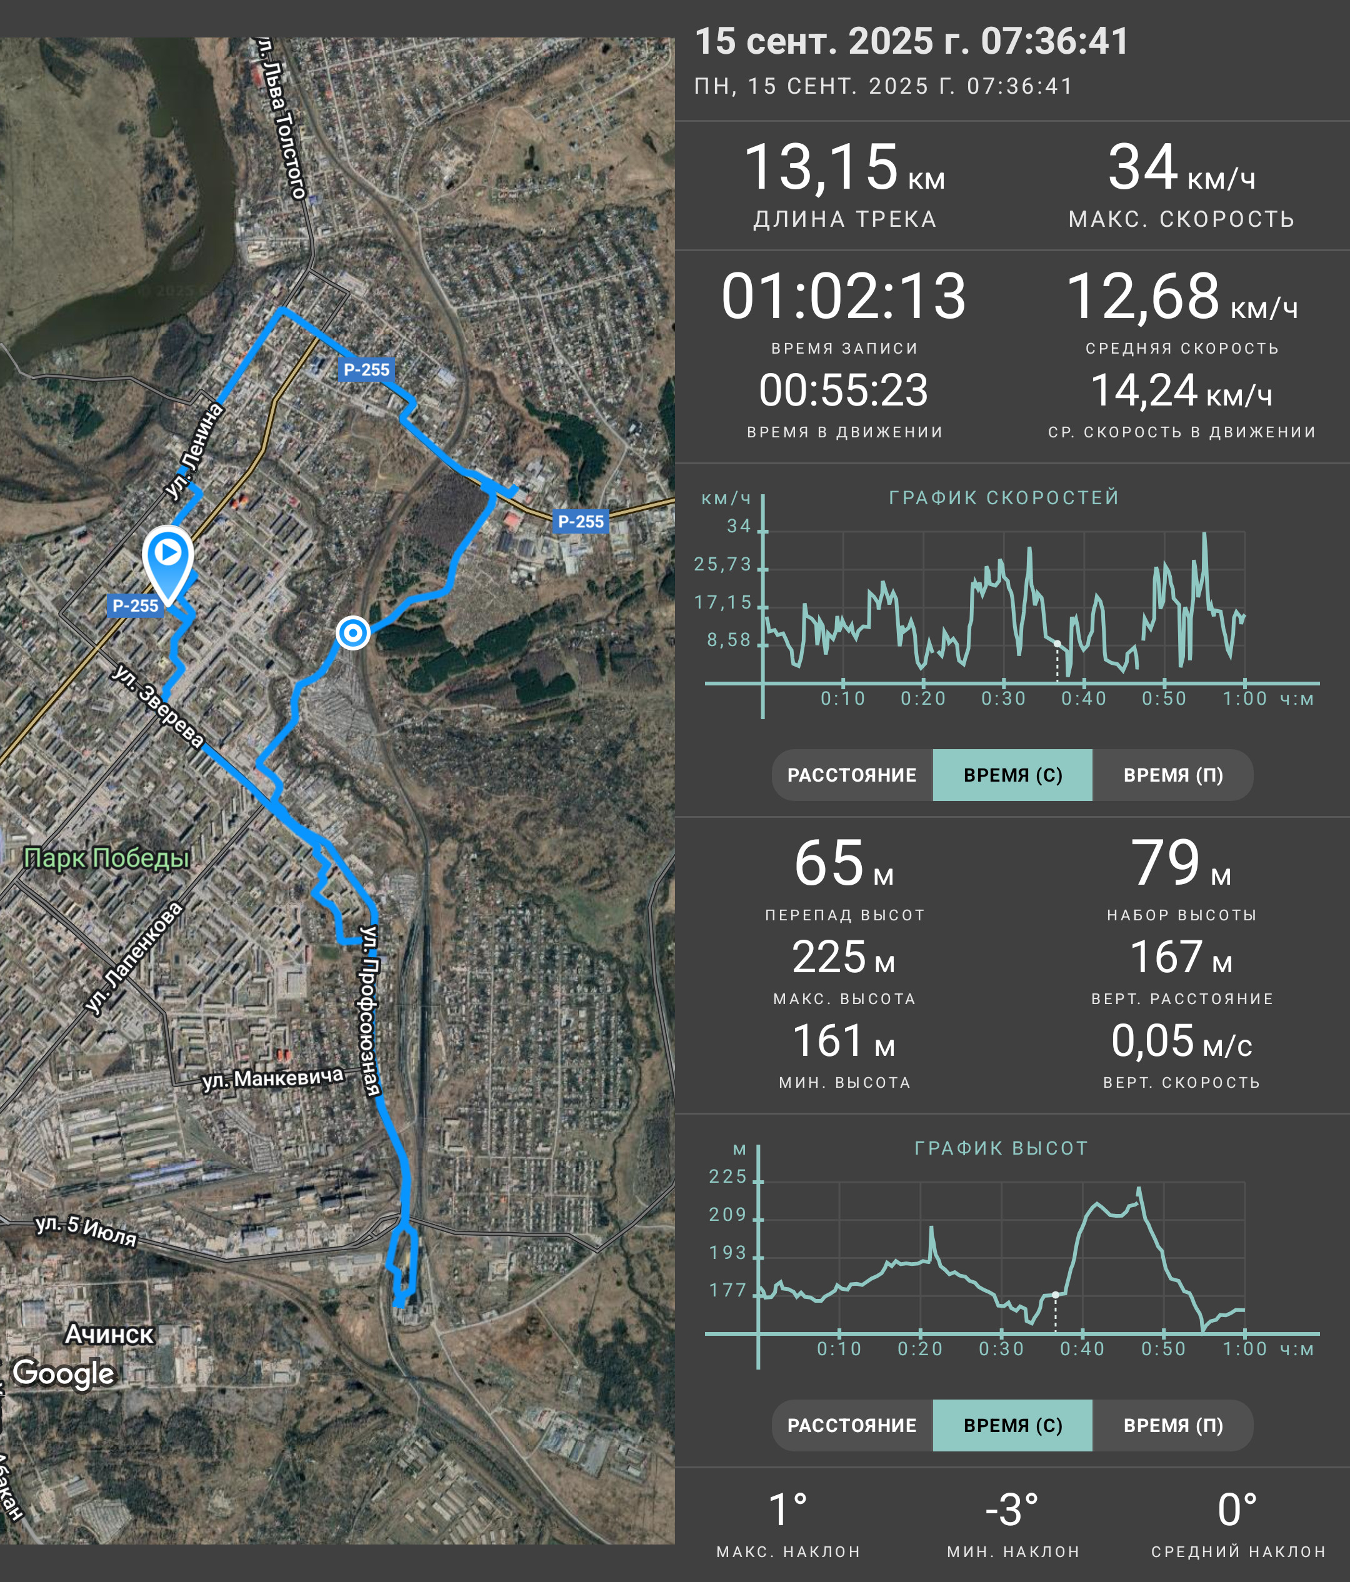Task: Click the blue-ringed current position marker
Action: [x=352, y=632]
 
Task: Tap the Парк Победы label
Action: [x=106, y=858]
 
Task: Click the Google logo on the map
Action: [x=63, y=1373]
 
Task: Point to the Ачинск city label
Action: [x=109, y=1334]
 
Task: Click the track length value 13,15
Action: [x=820, y=167]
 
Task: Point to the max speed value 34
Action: [x=1142, y=167]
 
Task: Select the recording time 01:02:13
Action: [x=843, y=296]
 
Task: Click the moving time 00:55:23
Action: [x=843, y=390]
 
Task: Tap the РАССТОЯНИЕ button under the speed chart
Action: [x=852, y=775]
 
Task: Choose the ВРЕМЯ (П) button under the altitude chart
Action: [x=1173, y=1425]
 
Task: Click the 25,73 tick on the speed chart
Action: [x=722, y=564]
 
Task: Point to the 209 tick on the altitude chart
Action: [x=727, y=1215]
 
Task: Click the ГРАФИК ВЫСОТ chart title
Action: [x=1001, y=1148]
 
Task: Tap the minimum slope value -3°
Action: [x=1012, y=1510]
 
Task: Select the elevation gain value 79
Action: [x=1165, y=863]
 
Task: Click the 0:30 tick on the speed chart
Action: [x=1003, y=699]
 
